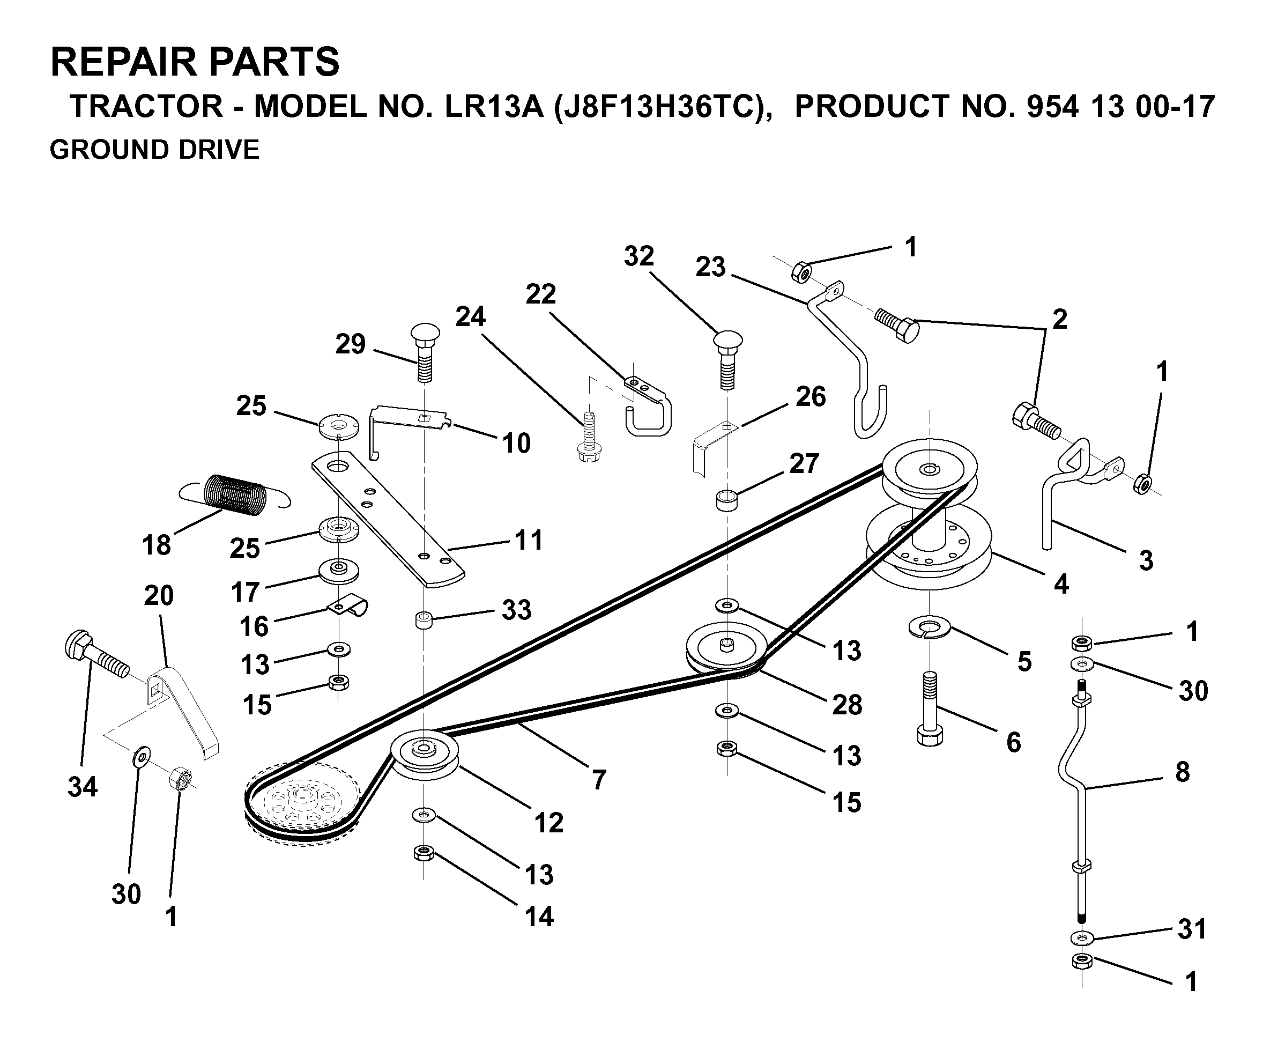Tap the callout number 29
point(351,344)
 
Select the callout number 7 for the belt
point(598,779)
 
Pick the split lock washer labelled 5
point(930,627)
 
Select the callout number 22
point(540,294)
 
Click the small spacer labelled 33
point(424,620)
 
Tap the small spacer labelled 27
point(726,501)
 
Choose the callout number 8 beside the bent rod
point(1183,772)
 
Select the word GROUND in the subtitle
point(100,149)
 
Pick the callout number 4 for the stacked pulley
point(1061,585)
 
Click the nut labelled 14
point(424,853)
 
